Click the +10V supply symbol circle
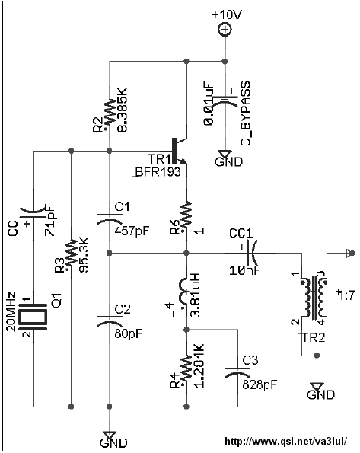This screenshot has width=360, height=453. [225, 30]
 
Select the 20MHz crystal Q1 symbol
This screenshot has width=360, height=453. [33, 317]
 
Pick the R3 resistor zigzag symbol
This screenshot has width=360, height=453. [71, 254]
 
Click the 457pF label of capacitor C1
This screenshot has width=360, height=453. [132, 231]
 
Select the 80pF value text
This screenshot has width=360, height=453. [129, 333]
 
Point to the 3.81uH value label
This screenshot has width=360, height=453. [196, 295]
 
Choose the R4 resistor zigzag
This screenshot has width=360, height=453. [186, 371]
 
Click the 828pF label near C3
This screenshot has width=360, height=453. [260, 384]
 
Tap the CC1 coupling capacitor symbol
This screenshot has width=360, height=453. [252, 254]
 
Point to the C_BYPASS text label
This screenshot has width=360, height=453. [245, 113]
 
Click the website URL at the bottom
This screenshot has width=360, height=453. [285, 441]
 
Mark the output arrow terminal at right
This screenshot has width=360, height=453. [350, 254]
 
